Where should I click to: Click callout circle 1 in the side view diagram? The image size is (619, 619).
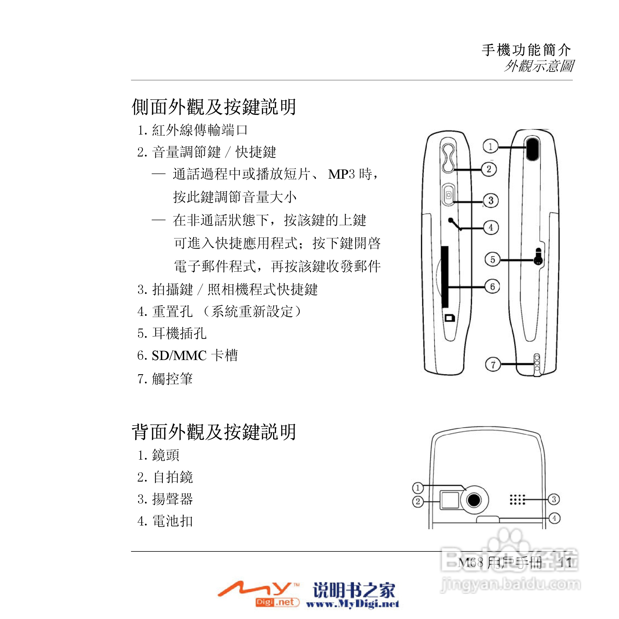[490, 146]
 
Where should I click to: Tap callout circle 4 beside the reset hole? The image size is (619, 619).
[491, 228]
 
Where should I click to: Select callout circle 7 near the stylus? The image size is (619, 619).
[493, 364]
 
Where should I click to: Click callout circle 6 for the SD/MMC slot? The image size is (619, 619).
[493, 286]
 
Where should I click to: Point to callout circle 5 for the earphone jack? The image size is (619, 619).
[493, 260]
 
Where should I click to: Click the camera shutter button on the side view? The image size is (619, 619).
[449, 195]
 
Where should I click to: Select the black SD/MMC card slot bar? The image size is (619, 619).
[445, 277]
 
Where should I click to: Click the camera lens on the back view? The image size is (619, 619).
[474, 499]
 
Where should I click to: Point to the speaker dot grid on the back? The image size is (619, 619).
[517, 499]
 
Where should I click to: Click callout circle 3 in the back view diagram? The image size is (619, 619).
[554, 499]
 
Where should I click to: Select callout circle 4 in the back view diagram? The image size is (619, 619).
[554, 518]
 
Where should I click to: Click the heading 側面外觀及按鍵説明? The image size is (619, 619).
[214, 107]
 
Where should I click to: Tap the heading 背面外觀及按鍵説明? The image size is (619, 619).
[214, 432]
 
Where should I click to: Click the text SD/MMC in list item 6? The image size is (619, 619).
[179, 356]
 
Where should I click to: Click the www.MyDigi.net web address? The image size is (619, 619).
[353, 604]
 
